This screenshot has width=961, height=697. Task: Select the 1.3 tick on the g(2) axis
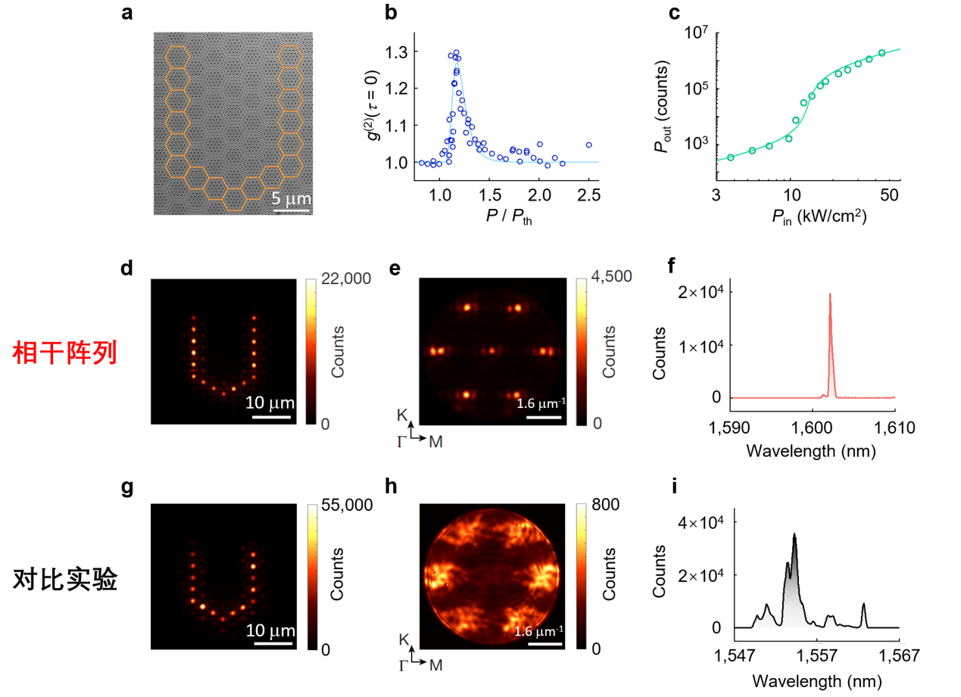[x=396, y=52]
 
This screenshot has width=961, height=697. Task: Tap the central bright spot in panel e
[x=492, y=351]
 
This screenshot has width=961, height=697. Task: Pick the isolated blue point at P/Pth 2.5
[x=588, y=145]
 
